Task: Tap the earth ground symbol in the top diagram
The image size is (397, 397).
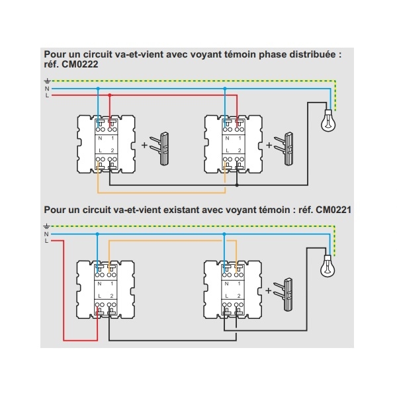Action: pyautogui.click(x=48, y=81)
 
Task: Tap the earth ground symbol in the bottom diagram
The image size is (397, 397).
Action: pyautogui.click(x=46, y=226)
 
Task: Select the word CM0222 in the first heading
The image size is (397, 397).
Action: pyautogui.click(x=80, y=64)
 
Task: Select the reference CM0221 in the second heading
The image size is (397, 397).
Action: pyautogui.click(x=333, y=210)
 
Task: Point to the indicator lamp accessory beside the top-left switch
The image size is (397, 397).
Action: pyautogui.click(x=159, y=149)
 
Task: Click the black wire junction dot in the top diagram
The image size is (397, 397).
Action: pyautogui.click(x=237, y=185)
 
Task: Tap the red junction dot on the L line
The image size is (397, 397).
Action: pyautogui.click(x=110, y=95)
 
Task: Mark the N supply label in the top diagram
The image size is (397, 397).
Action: pyautogui.click(x=47, y=89)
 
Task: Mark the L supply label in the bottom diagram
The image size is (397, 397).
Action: pyautogui.click(x=46, y=241)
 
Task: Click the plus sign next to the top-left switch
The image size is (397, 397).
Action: pyautogui.click(x=144, y=145)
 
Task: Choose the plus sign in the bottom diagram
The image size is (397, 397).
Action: pyautogui.click(x=268, y=290)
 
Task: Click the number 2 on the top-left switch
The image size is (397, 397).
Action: pyautogui.click(x=112, y=150)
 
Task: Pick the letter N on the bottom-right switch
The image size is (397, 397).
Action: pyautogui.click(x=226, y=284)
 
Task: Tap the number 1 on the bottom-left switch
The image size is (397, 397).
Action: pyautogui.click(x=112, y=284)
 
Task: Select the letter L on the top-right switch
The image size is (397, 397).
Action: pyautogui.click(x=228, y=150)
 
